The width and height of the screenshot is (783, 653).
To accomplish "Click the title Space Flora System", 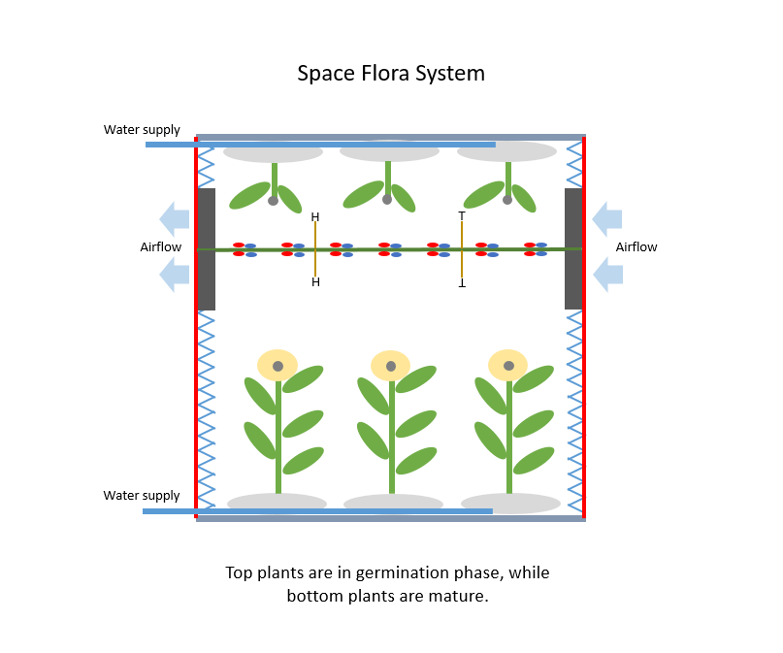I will point(390,74).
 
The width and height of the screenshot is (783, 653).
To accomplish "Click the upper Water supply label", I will point(142,129).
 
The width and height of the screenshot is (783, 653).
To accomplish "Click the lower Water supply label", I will point(142,495).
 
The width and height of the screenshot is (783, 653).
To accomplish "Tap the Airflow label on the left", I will point(160,247).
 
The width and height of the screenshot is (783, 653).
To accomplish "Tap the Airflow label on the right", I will point(636,247).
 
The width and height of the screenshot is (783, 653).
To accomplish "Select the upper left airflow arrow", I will point(175,218).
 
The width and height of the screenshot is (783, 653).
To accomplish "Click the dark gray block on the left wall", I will point(206,249).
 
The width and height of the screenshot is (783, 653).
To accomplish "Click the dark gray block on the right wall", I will point(573,249).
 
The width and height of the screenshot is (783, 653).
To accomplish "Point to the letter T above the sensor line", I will point(462,216).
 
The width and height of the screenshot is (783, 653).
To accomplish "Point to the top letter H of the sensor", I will point(315,217).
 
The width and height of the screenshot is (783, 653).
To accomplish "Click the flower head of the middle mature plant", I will point(391,366).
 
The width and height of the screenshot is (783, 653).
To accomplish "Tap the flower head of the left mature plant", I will point(277,365).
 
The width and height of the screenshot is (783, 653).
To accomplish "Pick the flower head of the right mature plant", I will point(507,365).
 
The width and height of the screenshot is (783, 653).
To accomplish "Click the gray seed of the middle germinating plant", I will point(387,200).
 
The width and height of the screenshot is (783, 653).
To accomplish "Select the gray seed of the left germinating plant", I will point(274,201).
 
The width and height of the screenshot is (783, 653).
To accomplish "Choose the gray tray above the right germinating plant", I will point(506,152).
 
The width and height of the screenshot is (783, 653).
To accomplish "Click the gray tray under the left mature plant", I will point(277,503).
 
